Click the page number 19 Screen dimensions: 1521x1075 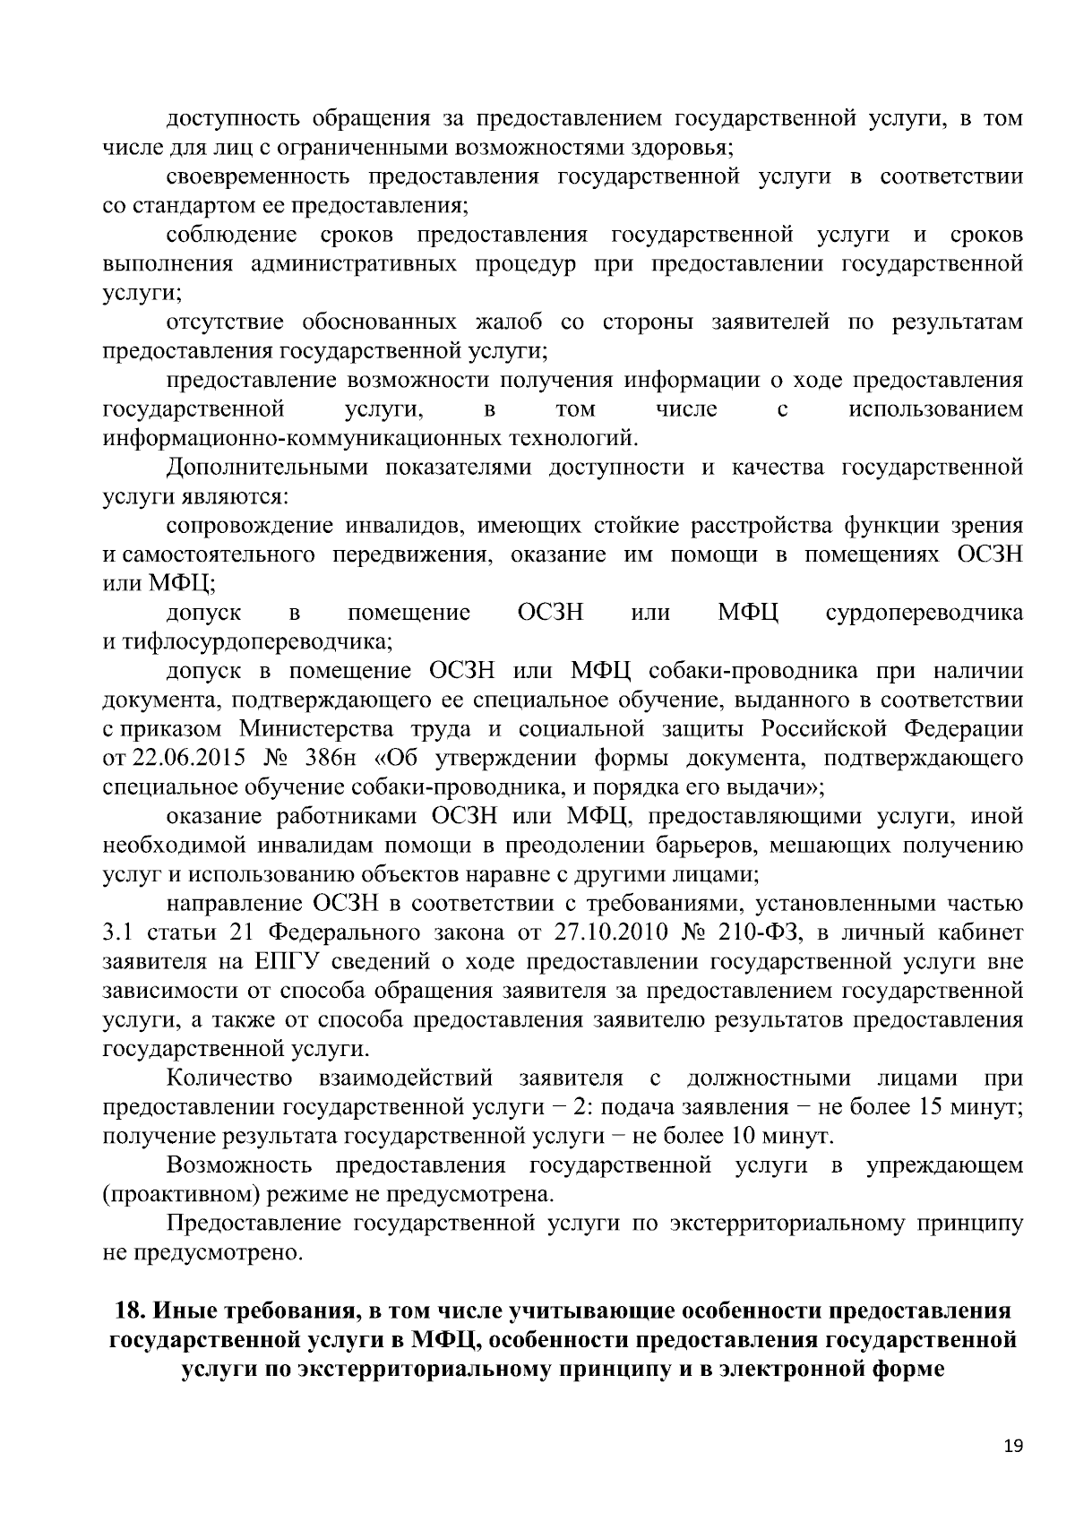coord(1013,1446)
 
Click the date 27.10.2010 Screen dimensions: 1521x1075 coord(604,932)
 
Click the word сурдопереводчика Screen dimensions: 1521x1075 coord(924,613)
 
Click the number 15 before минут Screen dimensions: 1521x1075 coord(927,1106)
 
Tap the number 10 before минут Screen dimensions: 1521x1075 coord(731,1136)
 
